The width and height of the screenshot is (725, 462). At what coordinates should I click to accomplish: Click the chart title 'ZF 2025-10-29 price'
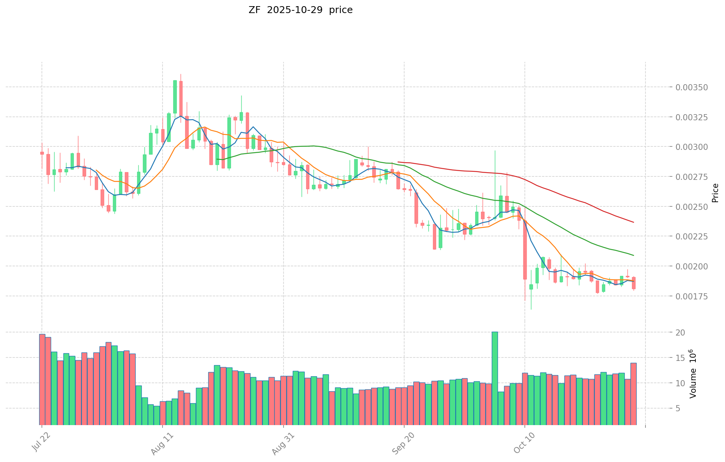[300, 10]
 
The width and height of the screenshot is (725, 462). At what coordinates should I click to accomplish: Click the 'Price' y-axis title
[715, 193]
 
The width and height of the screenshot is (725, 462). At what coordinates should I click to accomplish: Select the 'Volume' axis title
[693, 373]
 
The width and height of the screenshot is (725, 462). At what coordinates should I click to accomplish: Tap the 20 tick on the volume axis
[681, 332]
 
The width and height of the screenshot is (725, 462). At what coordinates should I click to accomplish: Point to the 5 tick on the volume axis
[678, 408]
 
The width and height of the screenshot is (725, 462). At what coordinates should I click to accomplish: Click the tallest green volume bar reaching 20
[495, 378]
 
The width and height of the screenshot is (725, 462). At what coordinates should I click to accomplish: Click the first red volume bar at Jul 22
[42, 379]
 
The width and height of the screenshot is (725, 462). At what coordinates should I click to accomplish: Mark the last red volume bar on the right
[633, 394]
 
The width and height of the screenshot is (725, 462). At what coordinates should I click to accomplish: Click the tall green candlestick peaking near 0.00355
[175, 97]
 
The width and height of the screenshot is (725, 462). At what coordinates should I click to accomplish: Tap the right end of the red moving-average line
[633, 222]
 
